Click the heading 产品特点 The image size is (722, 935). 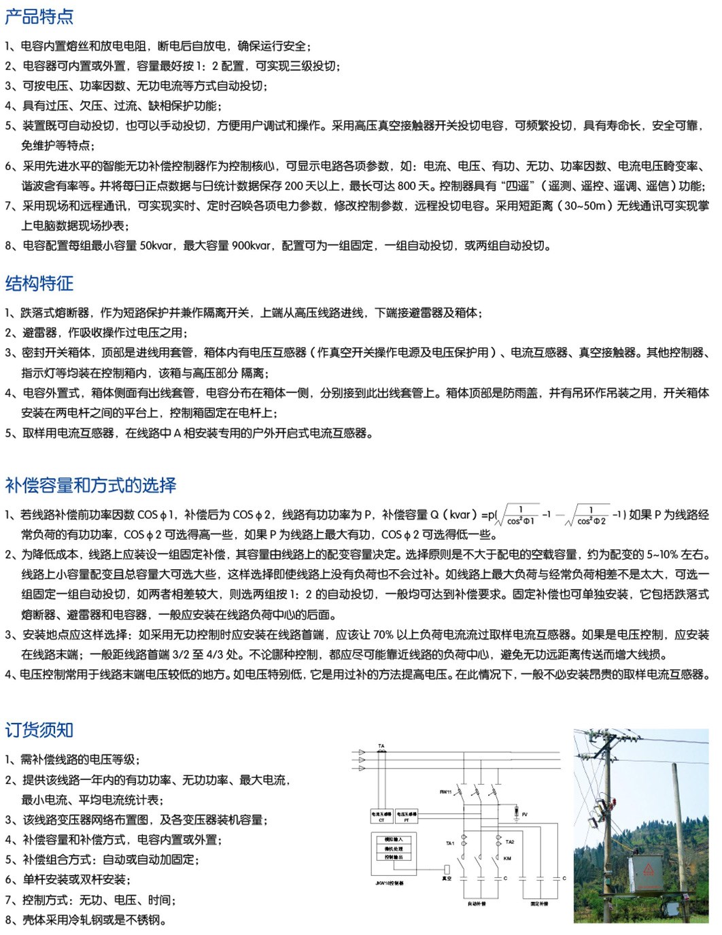(39, 16)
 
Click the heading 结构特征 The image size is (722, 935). (39, 283)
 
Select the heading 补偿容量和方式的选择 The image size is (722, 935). (90, 485)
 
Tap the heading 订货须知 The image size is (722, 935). (39, 730)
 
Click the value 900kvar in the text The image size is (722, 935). (250, 245)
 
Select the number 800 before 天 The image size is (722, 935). (407, 186)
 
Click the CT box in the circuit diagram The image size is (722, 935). (381, 817)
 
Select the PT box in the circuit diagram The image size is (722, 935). (407, 817)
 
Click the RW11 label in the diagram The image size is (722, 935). (445, 792)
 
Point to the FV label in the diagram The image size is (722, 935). (525, 814)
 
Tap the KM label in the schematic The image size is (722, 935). (507, 858)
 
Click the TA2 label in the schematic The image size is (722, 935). (510, 842)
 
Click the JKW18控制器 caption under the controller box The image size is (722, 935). (390, 883)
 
